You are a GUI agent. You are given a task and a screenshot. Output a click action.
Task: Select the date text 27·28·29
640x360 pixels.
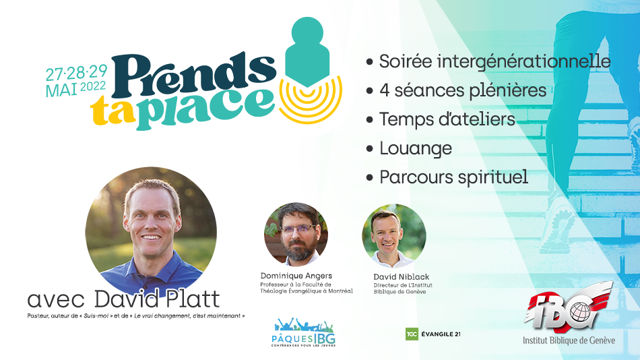point(76,73)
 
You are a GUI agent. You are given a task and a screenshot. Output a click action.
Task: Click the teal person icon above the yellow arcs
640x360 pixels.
point(307,51)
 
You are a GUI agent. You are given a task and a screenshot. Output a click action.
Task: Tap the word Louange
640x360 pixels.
point(416,148)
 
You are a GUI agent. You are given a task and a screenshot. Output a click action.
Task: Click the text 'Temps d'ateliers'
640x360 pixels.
point(447,119)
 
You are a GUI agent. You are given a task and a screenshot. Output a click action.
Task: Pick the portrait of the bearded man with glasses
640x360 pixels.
point(296,234)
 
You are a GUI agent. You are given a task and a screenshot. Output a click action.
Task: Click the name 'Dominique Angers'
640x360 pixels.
point(296,276)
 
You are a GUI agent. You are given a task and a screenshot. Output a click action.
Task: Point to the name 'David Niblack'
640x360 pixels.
point(402,277)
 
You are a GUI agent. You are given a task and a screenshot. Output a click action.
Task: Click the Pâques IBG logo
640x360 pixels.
point(303,332)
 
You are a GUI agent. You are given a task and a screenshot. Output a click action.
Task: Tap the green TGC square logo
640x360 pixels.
point(412,334)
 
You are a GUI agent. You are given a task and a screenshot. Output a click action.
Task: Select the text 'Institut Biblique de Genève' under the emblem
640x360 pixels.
point(569,340)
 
